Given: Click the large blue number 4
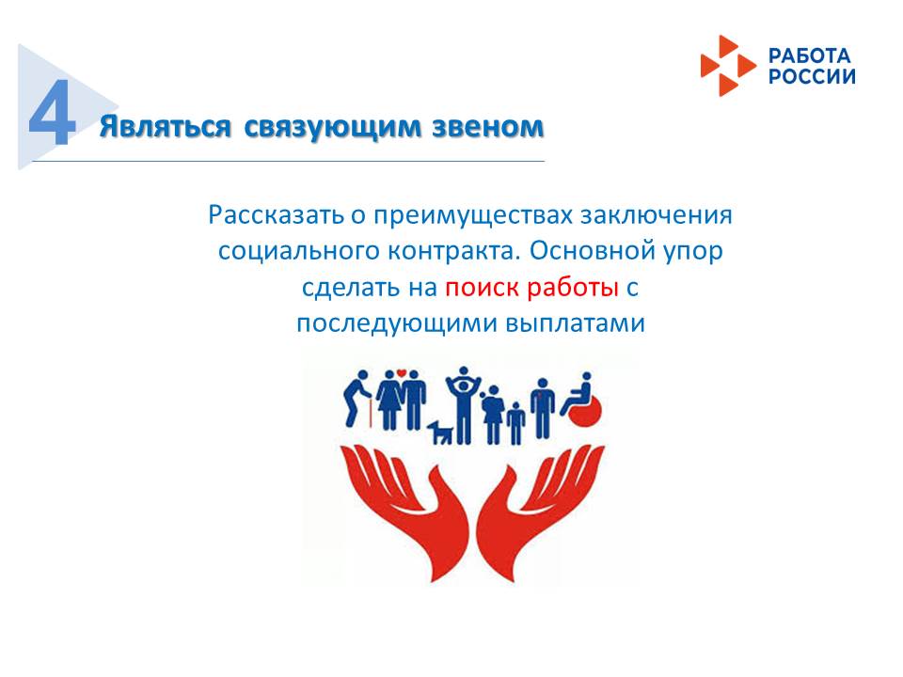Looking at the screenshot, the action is tap(53, 112).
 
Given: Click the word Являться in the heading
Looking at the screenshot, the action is tap(166, 127).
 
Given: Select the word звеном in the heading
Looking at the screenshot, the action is tap(488, 126).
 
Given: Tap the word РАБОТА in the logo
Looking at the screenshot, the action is tap(809, 55).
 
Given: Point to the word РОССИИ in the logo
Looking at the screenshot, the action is tap(812, 76).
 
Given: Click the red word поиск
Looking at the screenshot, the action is tap(483, 288).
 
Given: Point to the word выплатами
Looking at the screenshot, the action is tap(575, 323).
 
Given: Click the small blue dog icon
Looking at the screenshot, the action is tap(440, 432).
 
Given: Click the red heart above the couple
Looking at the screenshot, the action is tap(402, 372).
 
